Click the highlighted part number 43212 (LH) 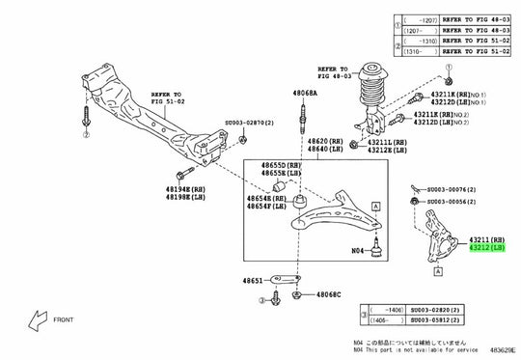[486, 248]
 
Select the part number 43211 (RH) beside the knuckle [486, 239]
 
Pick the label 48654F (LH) [266, 206]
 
